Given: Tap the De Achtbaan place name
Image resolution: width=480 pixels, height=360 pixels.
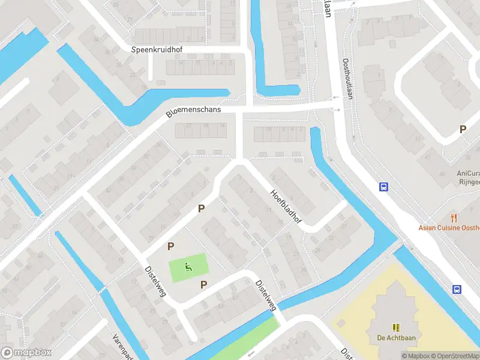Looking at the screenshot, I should [396, 337].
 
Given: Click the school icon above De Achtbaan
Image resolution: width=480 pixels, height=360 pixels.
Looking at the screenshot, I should [396, 327].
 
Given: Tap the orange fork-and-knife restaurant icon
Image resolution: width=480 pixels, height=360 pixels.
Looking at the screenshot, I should [454, 218].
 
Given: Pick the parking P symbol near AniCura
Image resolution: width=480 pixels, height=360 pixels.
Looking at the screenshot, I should [463, 129].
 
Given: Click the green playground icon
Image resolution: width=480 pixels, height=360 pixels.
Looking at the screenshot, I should [188, 266].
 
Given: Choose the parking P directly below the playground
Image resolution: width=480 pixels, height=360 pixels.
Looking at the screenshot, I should [204, 284].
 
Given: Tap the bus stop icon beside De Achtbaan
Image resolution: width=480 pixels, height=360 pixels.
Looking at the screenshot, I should [457, 289].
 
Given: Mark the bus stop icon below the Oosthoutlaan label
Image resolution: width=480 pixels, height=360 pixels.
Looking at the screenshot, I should [383, 187].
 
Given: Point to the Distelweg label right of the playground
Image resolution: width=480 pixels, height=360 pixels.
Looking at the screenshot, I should [266, 296].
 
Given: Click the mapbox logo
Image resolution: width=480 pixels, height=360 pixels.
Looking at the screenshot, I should [26, 353].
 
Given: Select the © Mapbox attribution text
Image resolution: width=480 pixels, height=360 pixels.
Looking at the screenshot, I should [416, 356].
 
